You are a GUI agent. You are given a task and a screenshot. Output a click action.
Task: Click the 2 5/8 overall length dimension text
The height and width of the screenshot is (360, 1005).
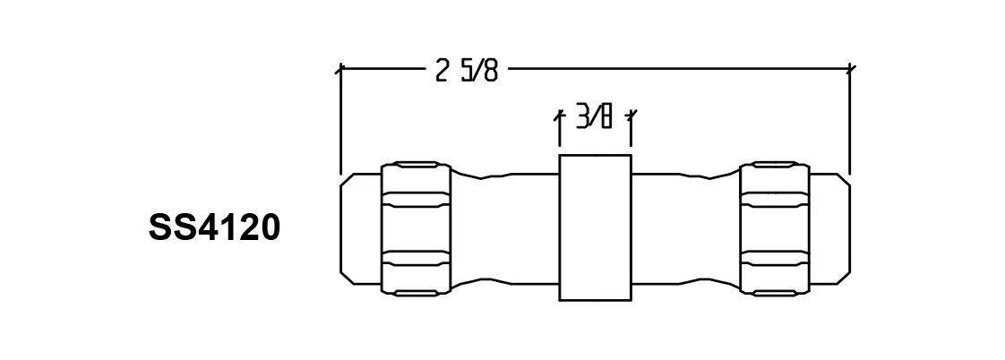click(466, 70)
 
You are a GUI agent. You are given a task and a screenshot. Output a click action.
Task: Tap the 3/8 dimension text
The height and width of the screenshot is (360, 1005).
click(595, 117)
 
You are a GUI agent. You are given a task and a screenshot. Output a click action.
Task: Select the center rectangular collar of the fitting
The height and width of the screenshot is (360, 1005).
click(595, 227)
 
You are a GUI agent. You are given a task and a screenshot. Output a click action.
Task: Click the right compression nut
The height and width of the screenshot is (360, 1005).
click(776, 228)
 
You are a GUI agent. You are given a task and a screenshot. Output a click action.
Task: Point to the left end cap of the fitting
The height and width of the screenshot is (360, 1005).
click(360, 228)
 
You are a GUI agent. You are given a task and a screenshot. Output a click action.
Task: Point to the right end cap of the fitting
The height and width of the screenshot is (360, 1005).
click(830, 228)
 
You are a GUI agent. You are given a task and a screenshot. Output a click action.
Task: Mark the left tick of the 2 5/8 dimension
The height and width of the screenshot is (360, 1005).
click(340, 68)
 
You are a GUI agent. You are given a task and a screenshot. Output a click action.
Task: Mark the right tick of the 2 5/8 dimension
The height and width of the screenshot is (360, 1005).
click(849, 68)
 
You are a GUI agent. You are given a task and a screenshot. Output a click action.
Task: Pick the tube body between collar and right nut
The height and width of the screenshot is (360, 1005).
click(685, 228)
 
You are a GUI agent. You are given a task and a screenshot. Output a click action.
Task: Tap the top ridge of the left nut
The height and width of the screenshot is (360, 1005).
click(417, 166)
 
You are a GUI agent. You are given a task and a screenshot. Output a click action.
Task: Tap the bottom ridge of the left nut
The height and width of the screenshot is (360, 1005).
click(417, 292)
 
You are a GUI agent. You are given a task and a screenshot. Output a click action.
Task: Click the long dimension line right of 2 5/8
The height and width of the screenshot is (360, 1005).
click(672, 67)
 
